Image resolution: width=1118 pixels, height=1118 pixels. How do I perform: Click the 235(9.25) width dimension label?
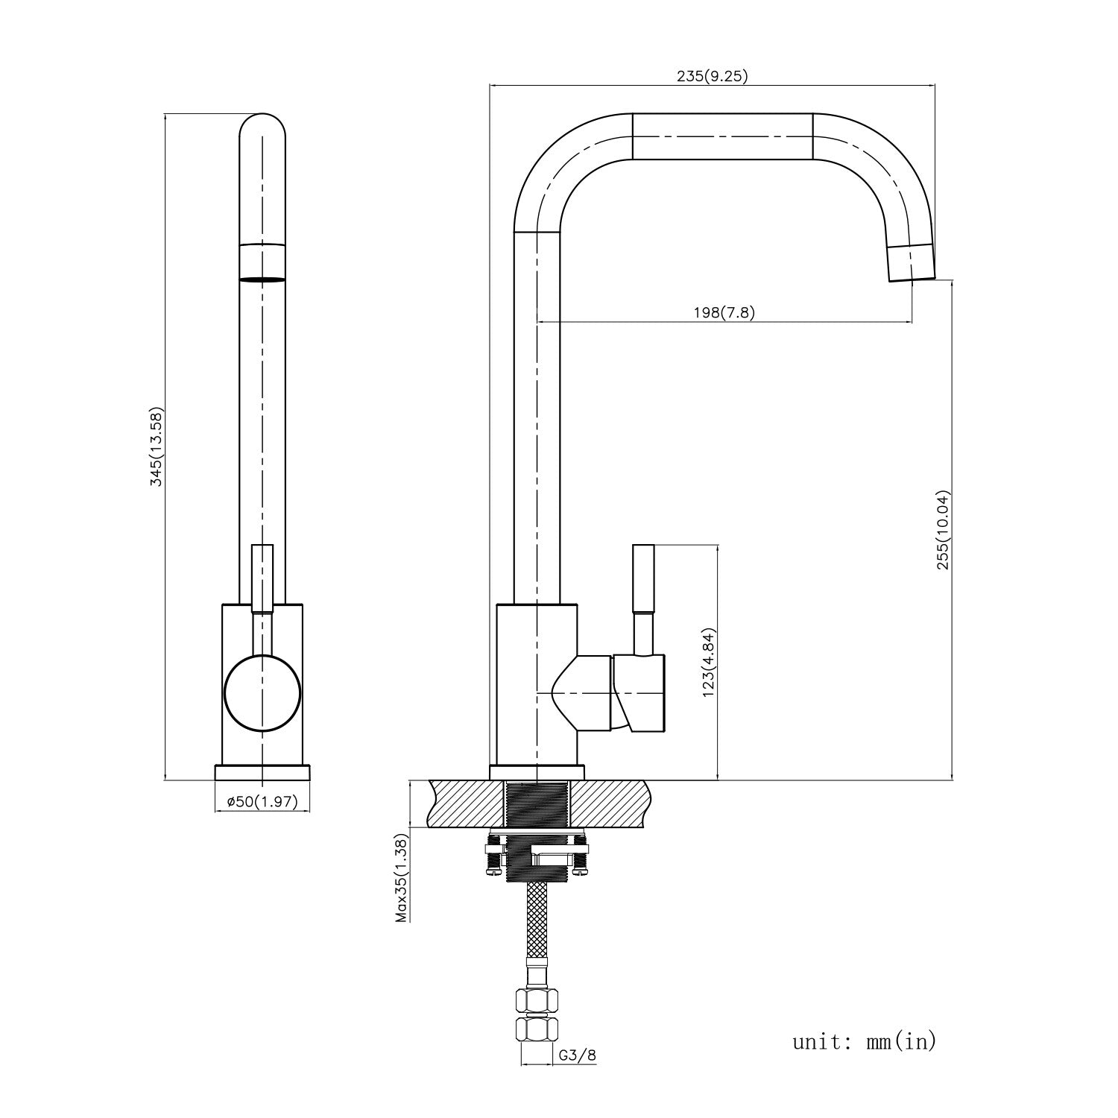(x=712, y=75)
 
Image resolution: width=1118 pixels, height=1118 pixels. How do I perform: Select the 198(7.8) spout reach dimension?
(x=722, y=312)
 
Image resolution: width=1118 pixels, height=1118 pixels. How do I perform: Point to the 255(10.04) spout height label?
(x=944, y=531)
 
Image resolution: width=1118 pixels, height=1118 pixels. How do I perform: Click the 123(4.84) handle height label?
(x=709, y=663)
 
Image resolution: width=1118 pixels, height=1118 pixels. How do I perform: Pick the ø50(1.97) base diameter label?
(x=262, y=801)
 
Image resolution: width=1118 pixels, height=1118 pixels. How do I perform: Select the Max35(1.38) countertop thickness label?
(x=402, y=879)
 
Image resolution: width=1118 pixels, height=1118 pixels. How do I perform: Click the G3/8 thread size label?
(x=577, y=1055)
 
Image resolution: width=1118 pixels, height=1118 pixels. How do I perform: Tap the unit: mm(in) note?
(x=864, y=1040)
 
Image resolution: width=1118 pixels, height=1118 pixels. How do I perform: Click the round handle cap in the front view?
(x=262, y=692)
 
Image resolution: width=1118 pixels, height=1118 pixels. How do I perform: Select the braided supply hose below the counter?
(x=537, y=924)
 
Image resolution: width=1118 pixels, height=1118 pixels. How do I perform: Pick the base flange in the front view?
(x=262, y=772)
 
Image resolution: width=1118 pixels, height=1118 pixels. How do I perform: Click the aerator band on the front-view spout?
(x=262, y=262)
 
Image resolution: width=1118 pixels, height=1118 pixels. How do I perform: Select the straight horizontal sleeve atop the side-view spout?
(x=722, y=136)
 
